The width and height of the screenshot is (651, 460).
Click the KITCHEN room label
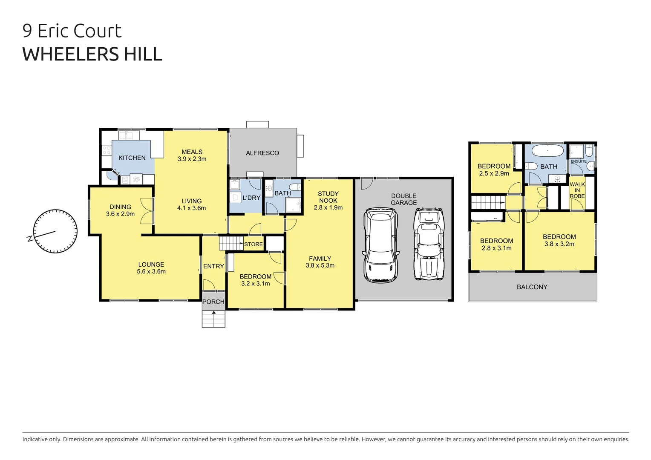pos(132,158)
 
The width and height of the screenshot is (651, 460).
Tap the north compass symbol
pos(55,232)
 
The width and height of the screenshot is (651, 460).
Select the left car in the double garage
pos(380,245)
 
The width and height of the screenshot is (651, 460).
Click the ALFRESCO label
pos(262,153)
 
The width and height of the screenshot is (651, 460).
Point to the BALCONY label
pos(532,287)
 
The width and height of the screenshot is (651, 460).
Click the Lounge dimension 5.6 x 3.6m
pos(151,271)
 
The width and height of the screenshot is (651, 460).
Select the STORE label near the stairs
pos(253,244)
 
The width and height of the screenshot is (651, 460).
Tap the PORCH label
pos(213,302)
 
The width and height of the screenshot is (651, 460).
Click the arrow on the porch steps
pos(213,313)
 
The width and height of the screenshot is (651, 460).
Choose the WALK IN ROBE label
pos(577,190)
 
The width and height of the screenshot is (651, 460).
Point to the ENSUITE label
pos(579,161)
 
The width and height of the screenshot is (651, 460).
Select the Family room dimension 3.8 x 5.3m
pos(320,265)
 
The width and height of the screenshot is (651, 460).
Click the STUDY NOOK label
pos(328,197)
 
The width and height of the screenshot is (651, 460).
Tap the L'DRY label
pos(251,198)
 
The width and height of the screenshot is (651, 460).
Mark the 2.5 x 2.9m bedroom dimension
pos(494,173)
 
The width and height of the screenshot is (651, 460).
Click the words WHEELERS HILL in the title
pos(92,54)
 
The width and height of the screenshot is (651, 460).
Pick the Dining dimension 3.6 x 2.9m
pos(120,214)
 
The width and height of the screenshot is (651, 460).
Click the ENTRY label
pos(213,266)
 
